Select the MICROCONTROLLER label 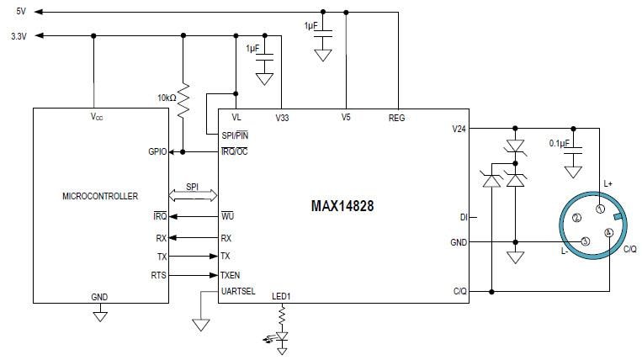click(100, 196)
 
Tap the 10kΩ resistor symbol click(183, 98)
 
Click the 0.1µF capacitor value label click(560, 144)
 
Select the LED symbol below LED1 click(282, 336)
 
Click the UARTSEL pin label click(238, 291)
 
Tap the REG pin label click(396, 118)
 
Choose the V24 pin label click(458, 129)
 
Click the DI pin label click(462, 217)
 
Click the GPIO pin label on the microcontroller click(157, 152)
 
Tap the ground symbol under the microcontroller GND click(99, 316)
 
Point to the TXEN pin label click(231, 274)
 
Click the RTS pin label click(159, 274)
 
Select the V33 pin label click(282, 118)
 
